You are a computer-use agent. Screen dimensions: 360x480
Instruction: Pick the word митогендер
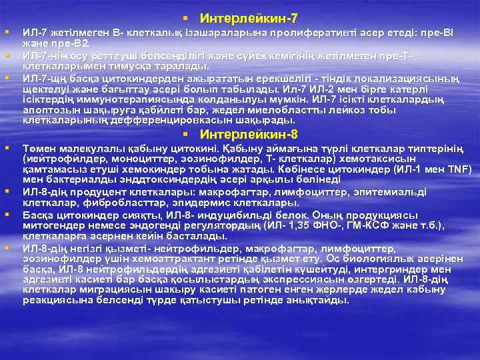[53, 225]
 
